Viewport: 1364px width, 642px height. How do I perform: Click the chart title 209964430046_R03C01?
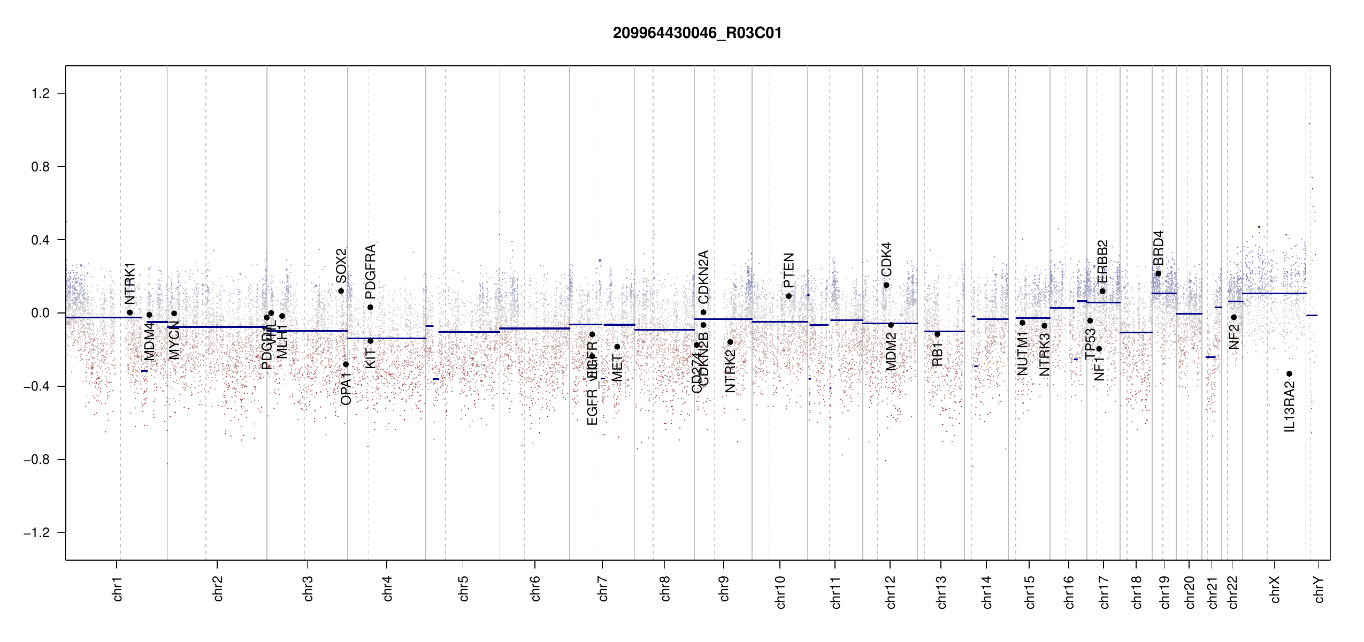(x=697, y=33)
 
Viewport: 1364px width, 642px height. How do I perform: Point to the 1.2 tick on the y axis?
(x=40, y=94)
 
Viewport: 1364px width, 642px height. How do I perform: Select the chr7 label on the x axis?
(x=603, y=588)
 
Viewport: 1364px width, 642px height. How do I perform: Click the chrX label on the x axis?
(x=1275, y=589)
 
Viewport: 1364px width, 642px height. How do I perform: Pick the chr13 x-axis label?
(x=941, y=592)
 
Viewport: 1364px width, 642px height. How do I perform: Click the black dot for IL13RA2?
(x=1289, y=374)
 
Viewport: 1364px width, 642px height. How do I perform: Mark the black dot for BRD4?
(x=1158, y=273)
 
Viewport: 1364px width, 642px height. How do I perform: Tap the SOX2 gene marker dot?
(x=341, y=291)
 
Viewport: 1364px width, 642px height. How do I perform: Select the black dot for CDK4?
(x=886, y=285)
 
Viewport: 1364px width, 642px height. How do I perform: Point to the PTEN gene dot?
(x=788, y=296)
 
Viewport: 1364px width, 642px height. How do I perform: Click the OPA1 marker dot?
(x=346, y=364)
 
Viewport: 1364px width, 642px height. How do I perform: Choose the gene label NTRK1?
(x=130, y=283)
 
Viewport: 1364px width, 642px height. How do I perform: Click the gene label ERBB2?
(x=1102, y=262)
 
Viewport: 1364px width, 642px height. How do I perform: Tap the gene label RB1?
(x=937, y=355)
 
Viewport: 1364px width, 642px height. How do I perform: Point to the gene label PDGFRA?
(x=370, y=271)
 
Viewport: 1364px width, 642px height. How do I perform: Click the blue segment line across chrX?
(x=1274, y=293)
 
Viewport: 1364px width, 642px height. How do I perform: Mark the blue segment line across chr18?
(x=1136, y=332)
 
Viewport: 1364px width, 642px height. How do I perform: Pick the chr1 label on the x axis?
(x=117, y=588)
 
